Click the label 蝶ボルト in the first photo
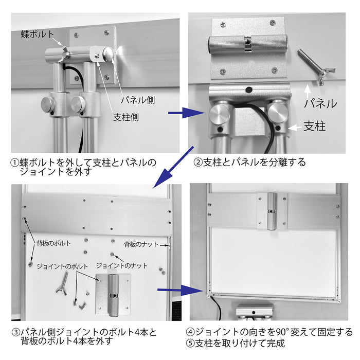pos(38,34)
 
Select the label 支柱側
pos(126,117)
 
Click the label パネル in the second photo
pos(319,103)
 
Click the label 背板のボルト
pos(53,242)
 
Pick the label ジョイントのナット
pos(122,266)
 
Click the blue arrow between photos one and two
pos(177,113)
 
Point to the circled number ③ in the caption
pos(15,332)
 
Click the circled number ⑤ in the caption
pos(191,343)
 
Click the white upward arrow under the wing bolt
pos(308,92)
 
